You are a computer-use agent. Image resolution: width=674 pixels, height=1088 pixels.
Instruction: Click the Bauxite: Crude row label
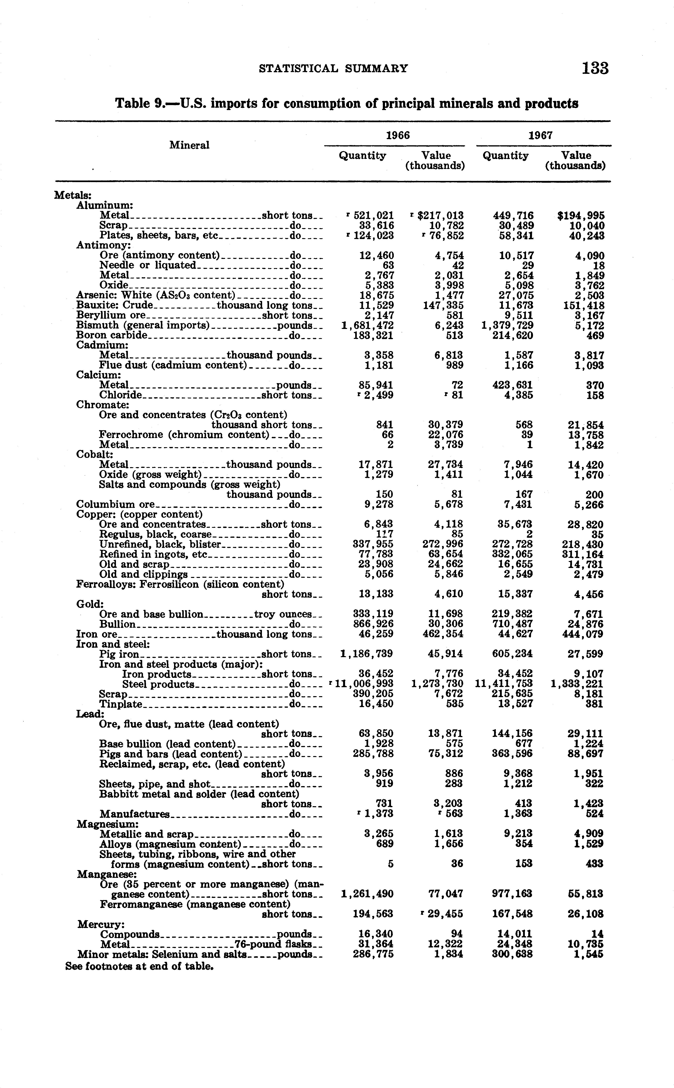pyautogui.click(x=115, y=305)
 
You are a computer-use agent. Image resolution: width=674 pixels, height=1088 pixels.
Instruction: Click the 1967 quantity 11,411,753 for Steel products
pyautogui.click(x=504, y=684)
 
